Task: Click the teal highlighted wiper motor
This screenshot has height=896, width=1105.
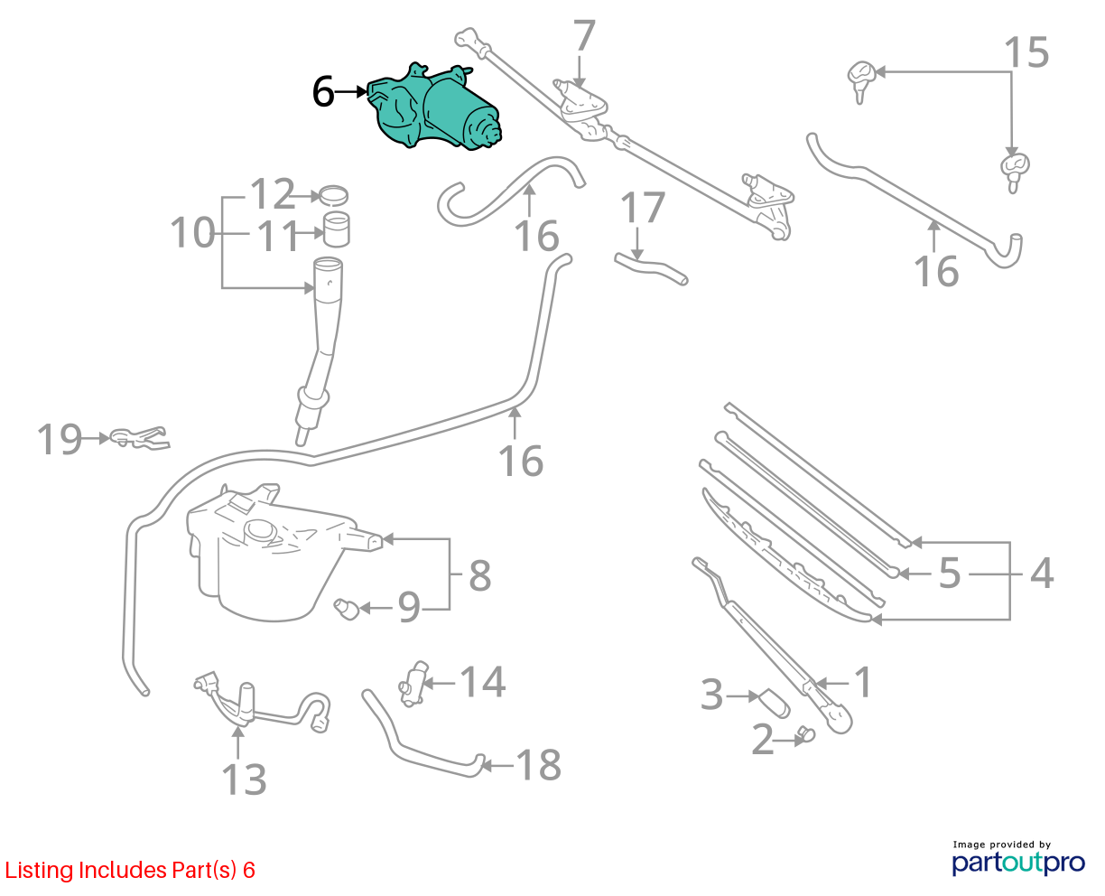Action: point(433,109)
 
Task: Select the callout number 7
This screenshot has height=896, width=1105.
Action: point(583,35)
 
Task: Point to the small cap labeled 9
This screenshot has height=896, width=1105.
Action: point(347,609)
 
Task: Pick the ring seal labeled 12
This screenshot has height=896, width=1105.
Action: point(334,196)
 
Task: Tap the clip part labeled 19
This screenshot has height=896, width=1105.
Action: point(140,439)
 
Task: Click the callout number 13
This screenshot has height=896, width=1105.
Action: point(244,779)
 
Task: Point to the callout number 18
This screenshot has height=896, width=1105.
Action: point(539,765)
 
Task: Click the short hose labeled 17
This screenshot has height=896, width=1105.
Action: point(652,268)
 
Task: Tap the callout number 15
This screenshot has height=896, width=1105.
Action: point(1026,52)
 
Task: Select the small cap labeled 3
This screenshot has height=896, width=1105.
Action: point(775,703)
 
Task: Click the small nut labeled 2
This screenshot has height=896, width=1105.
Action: point(806,735)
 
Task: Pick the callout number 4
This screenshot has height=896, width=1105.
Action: point(1042,574)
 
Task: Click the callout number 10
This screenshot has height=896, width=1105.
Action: point(192,232)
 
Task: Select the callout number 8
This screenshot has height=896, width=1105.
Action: point(480,575)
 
